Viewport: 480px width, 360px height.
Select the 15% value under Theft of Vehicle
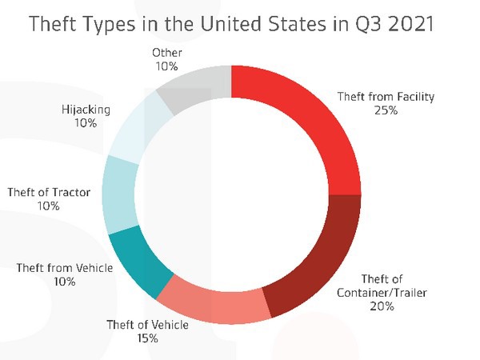point(147,338)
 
